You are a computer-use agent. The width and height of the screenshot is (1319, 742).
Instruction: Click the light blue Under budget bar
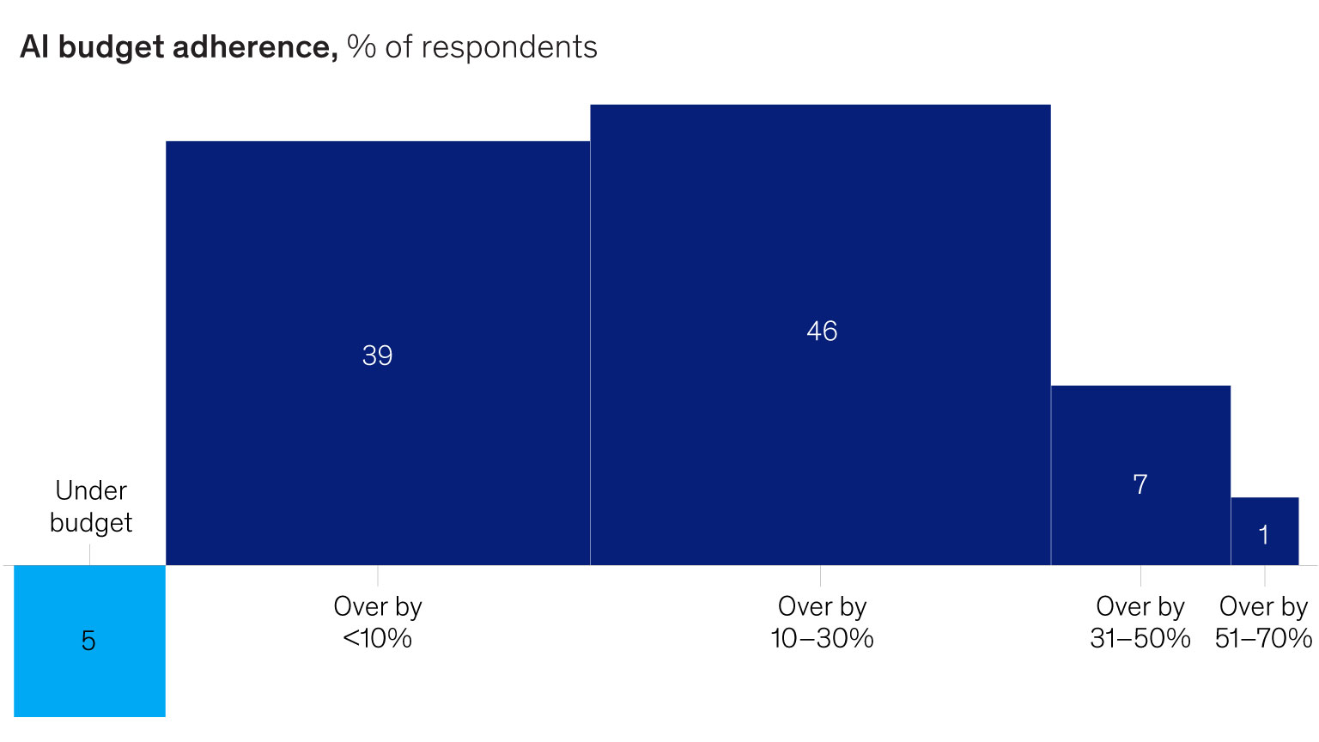(89, 641)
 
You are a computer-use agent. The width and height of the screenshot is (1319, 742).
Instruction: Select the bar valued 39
(378, 353)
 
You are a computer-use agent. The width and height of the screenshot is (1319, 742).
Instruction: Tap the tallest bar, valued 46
(820, 335)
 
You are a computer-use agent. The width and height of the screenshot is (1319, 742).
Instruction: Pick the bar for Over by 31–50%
(1140, 475)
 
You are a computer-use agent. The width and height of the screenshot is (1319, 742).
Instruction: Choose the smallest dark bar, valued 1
(1265, 532)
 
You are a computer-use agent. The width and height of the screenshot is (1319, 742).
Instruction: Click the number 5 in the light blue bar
(88, 641)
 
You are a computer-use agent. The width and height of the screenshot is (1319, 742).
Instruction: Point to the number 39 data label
(378, 355)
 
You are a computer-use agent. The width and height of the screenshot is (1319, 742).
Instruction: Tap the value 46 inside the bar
(822, 331)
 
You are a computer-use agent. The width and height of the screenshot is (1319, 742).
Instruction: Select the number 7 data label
(1140, 484)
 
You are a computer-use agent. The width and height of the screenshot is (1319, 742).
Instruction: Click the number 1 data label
(1264, 535)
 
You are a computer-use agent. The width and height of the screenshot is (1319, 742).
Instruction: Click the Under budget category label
(91, 507)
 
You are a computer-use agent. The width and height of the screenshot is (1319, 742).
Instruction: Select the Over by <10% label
(378, 623)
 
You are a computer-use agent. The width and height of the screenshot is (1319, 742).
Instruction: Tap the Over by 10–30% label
(822, 623)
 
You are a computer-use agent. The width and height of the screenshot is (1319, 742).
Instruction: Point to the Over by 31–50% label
(1140, 623)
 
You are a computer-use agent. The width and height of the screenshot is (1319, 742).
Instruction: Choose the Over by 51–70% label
(1264, 623)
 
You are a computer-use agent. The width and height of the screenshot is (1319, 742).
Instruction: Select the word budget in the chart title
(111, 48)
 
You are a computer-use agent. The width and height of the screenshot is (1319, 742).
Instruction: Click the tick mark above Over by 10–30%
(820, 575)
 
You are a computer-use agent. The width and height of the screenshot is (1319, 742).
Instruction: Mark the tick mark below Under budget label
(89, 555)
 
